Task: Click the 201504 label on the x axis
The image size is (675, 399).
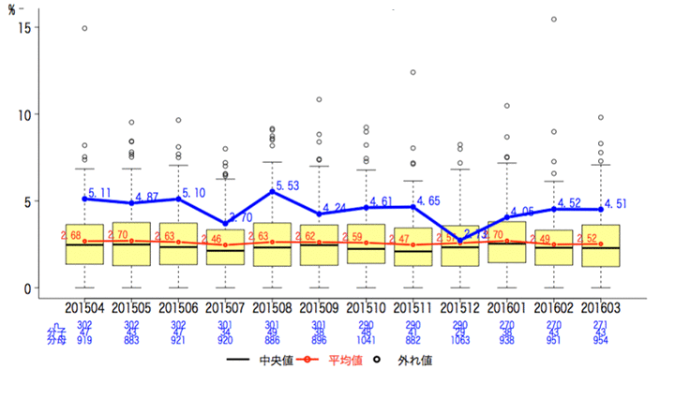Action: click(x=84, y=307)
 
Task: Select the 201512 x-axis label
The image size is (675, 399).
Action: click(x=459, y=307)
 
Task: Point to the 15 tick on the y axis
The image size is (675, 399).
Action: click(x=26, y=28)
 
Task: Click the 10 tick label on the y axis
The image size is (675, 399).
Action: click(x=26, y=115)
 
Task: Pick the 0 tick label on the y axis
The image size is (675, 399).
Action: click(x=30, y=288)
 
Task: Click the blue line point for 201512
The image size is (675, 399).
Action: click(x=459, y=241)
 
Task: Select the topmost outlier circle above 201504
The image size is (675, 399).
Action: click(x=84, y=28)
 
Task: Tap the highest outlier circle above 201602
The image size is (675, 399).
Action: click(x=553, y=19)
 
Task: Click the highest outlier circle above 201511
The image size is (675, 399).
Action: click(x=412, y=72)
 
